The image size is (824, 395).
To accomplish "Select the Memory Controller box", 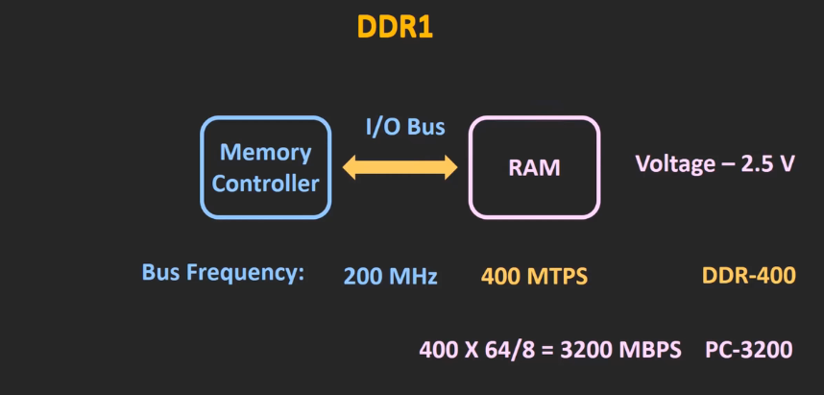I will click(x=265, y=167).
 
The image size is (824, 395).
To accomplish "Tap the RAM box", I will click(x=533, y=167).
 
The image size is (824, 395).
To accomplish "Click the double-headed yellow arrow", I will click(x=400, y=169).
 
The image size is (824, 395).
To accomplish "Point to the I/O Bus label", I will click(x=404, y=126).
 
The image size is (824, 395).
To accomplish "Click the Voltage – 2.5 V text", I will click(x=715, y=162).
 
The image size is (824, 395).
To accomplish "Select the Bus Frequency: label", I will click(x=223, y=272).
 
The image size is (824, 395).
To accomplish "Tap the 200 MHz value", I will click(x=390, y=277).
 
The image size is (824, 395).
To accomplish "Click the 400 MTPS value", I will click(x=534, y=277).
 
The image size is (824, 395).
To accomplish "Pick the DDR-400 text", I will click(x=748, y=277).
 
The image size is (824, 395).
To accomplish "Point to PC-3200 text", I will click(x=748, y=349).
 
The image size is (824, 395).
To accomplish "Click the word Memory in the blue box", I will click(x=265, y=152).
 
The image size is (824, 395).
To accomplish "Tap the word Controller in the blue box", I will click(x=265, y=184).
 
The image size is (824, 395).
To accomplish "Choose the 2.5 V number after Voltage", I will click(x=769, y=162).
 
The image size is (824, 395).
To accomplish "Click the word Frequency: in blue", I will click(x=249, y=272).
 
